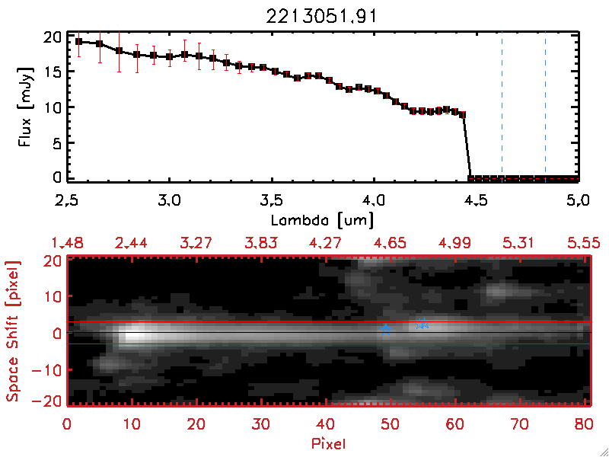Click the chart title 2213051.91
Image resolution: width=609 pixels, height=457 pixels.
324,16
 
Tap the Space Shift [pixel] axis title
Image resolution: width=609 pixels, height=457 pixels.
13,331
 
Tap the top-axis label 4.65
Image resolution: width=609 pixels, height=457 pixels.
389,242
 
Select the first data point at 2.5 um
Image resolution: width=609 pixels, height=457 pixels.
79,41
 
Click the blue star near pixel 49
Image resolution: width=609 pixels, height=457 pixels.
386,329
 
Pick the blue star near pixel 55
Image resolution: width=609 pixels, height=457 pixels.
422,324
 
